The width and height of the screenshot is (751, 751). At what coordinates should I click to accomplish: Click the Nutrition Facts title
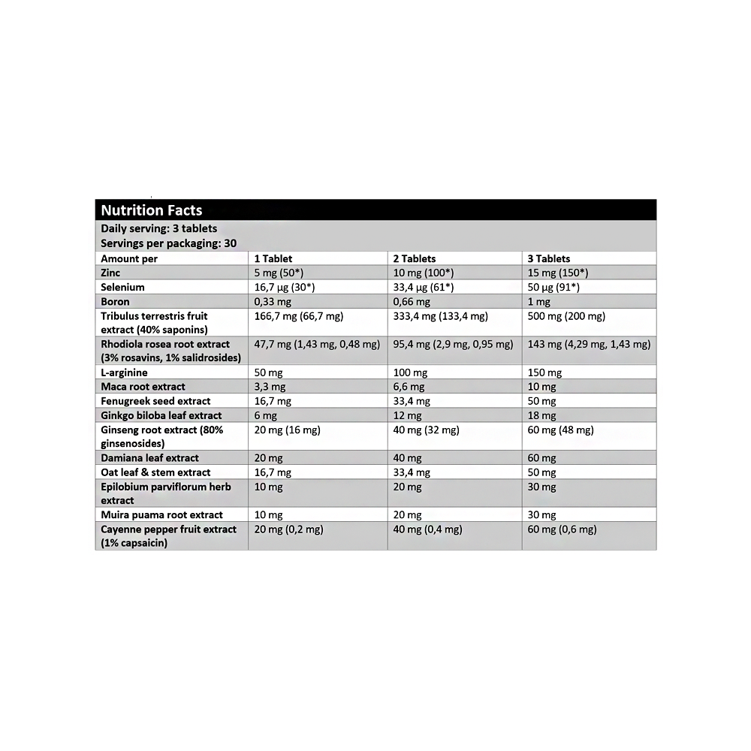[x=152, y=210]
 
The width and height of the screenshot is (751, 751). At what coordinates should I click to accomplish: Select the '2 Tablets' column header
[x=415, y=258]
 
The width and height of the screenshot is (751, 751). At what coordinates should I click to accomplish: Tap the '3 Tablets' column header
[x=549, y=258]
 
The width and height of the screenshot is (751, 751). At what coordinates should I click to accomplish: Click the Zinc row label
[x=110, y=273]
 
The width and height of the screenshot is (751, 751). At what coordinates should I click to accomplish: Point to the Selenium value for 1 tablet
[x=285, y=287]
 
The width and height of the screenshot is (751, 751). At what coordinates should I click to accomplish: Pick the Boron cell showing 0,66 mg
[x=412, y=302]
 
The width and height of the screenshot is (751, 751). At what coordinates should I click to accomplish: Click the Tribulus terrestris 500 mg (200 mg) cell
[x=566, y=316]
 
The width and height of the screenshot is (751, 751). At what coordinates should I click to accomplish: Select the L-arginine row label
[x=124, y=372]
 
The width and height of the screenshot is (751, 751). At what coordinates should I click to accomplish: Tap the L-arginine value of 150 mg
[x=544, y=372]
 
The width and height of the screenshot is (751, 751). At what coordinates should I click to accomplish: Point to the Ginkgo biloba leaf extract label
[x=161, y=415]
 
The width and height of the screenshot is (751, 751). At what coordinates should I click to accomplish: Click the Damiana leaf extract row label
[x=150, y=458]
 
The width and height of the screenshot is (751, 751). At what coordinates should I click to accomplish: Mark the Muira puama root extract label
[x=161, y=514]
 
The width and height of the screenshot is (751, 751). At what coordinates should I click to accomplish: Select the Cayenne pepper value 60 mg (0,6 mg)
[x=562, y=529]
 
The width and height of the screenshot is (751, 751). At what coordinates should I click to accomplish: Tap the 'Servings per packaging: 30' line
[x=169, y=243]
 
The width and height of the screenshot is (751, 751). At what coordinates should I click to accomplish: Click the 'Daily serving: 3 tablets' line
[x=159, y=228]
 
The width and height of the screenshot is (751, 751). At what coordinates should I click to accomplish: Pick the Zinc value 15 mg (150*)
[x=558, y=273]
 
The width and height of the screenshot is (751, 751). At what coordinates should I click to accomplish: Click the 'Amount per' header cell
[x=129, y=258]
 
